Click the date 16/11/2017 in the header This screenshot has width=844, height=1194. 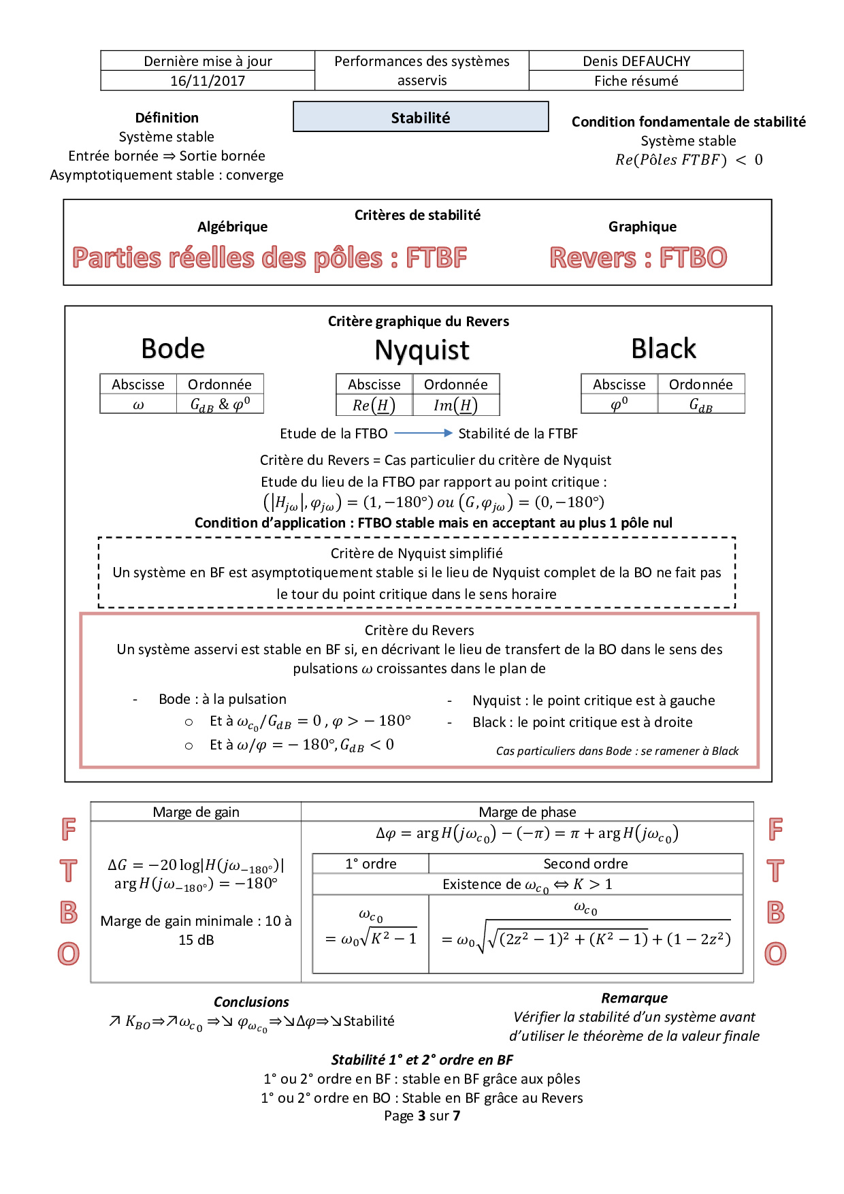point(208,81)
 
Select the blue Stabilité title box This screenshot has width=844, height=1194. point(421,117)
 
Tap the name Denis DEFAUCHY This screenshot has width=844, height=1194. point(636,61)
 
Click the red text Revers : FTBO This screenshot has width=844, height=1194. point(638,258)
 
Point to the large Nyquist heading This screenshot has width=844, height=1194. point(422,351)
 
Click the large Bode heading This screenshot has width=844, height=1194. point(173,349)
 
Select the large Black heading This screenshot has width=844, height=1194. point(664,349)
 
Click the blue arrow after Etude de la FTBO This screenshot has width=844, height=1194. point(423,433)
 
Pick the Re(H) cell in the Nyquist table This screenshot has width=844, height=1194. point(374,406)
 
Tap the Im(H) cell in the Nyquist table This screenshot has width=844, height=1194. point(455,406)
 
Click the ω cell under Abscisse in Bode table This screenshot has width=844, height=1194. point(138,405)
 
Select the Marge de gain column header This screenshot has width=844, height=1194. point(196,812)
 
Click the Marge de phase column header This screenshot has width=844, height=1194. point(527,812)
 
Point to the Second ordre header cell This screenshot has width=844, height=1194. point(585,864)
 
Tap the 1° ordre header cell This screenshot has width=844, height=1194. point(371,864)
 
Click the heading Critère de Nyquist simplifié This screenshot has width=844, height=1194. point(417,553)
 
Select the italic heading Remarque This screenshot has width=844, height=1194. point(634,998)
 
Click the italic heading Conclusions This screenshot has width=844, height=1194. point(251,1002)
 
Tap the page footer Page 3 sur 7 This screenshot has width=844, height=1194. point(422,1116)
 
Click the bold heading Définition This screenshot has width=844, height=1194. point(167,118)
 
